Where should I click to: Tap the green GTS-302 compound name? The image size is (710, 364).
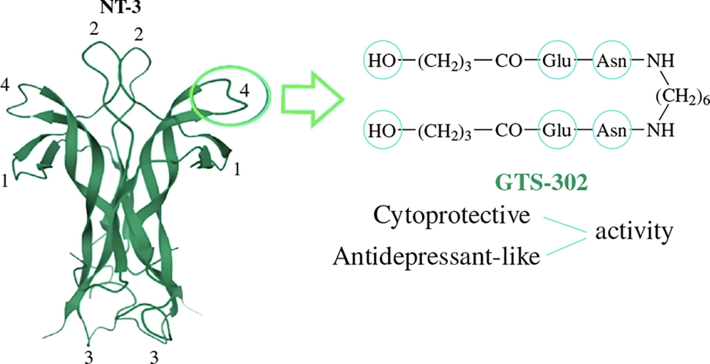coord(542,182)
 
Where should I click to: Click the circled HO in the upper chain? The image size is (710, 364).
coord(382,60)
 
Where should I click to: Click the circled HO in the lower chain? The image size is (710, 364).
coord(382,130)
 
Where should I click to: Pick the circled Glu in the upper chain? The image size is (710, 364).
coord(557,60)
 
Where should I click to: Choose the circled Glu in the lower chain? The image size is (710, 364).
coord(557,130)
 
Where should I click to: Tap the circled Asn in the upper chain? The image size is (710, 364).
coord(612,60)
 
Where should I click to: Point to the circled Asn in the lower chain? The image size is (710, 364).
coord(612,130)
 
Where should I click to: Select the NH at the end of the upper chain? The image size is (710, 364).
coord(661,60)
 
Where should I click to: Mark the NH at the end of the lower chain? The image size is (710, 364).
coord(661,130)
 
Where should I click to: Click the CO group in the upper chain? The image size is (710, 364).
coord(508,60)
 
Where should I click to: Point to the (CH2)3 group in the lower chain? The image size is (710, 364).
coord(444,131)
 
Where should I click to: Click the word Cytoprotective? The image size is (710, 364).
coord(451,215)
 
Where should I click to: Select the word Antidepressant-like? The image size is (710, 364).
coord(436,256)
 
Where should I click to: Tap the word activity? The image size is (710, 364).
coord(634,231)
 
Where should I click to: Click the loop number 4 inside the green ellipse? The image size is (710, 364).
coord(244,90)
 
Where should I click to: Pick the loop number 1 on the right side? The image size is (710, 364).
coord(237,169)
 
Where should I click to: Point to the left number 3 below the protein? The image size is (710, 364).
coord(88,357)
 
